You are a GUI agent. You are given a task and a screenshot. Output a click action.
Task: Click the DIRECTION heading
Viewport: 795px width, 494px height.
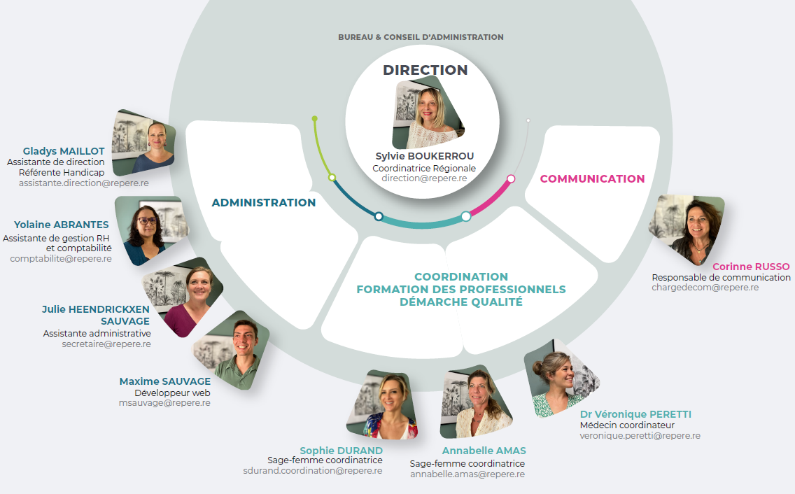[x=425, y=70]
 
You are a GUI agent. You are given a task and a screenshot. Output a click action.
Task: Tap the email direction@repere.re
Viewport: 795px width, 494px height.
[x=424, y=178]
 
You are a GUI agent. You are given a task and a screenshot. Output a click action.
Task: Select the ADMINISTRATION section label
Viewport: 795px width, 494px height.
[x=263, y=203]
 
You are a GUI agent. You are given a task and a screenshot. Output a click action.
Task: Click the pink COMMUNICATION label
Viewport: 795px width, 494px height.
[x=592, y=179]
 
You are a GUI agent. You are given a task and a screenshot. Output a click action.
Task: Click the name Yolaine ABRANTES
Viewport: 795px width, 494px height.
[x=62, y=225]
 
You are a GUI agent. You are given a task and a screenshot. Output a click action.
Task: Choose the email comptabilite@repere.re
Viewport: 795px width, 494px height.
[x=61, y=258]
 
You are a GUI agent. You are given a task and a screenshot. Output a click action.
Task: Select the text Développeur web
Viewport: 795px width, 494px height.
[x=173, y=393]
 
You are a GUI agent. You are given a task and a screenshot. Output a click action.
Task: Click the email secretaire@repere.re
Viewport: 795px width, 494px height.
[x=106, y=344]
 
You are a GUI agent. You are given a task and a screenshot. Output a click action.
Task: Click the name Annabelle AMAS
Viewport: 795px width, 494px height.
[x=484, y=451]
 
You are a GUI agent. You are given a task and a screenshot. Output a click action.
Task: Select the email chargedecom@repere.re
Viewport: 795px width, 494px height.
[x=705, y=288]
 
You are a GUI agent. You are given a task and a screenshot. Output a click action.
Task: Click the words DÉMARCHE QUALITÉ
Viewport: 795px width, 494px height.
[x=461, y=302]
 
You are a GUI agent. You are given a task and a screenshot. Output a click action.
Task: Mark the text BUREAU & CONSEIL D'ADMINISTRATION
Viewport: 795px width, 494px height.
[x=421, y=37]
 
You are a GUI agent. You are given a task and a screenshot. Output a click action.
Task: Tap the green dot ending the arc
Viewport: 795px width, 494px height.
[x=314, y=118]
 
